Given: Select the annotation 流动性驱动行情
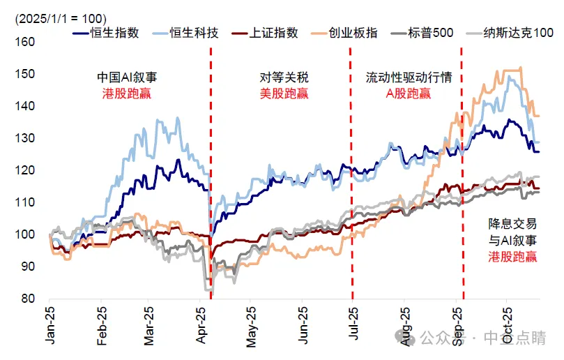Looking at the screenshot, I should pos(409,77).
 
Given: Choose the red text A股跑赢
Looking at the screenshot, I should pos(409,93).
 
